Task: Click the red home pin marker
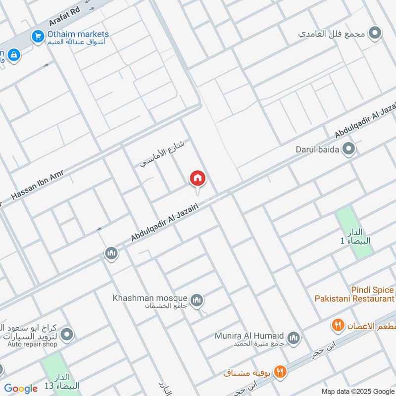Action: [198, 178]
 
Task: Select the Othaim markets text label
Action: [78, 35]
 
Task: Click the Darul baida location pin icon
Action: [349, 149]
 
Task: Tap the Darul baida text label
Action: [317, 149]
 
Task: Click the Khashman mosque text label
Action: [150, 298]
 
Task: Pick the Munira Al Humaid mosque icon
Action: [294, 338]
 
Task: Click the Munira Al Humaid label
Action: [249, 336]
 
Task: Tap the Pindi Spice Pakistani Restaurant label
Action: [354, 294]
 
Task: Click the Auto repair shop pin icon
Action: [67, 335]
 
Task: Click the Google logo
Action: [21, 389]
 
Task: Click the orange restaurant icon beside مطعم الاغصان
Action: [338, 325]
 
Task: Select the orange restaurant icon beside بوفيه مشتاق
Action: [281, 371]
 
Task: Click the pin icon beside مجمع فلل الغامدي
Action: [376, 34]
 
